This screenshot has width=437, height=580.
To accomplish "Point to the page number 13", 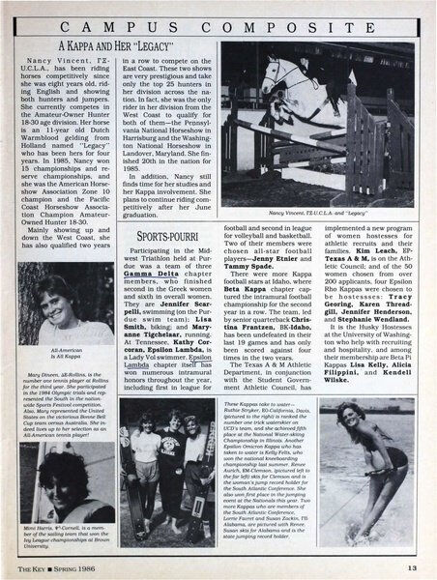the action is coord(413,567).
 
